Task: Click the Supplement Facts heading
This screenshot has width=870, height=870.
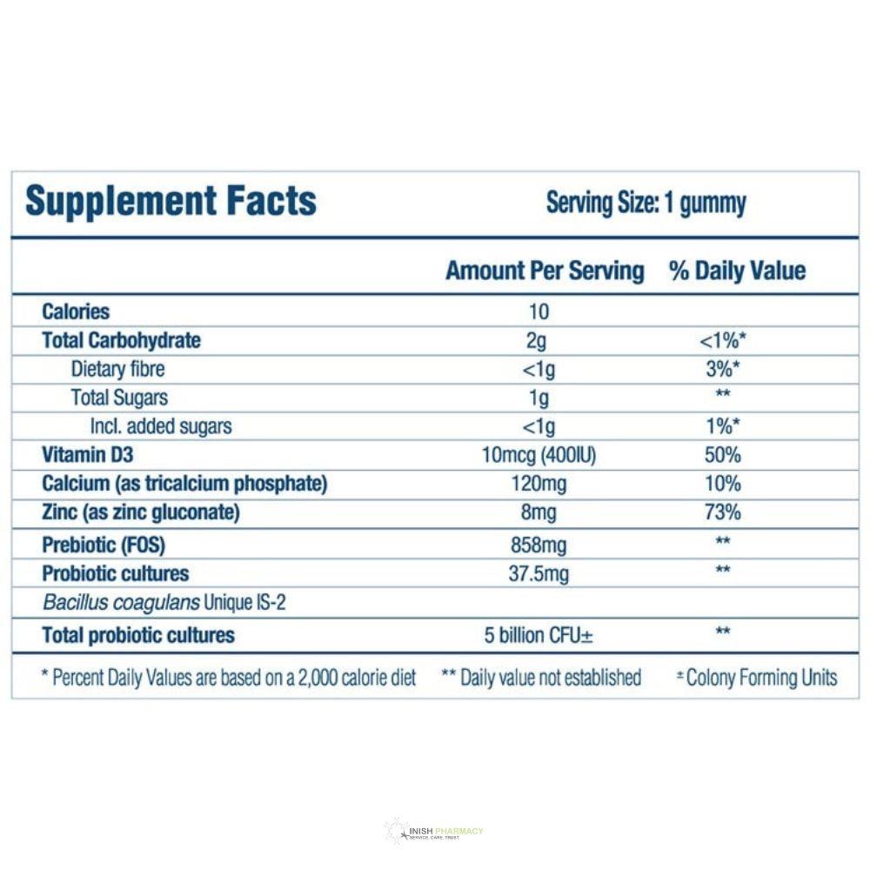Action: pos(171,201)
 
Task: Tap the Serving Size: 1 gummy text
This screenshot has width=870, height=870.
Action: pos(646,204)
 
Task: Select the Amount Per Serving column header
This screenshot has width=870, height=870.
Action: pos(545,271)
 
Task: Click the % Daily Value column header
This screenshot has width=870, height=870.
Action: pos(737,271)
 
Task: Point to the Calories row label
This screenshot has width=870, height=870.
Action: pos(76,311)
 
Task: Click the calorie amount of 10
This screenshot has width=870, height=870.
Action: pos(539,311)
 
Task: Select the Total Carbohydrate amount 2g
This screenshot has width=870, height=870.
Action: pos(538,340)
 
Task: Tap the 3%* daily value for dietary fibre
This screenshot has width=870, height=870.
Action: pos(723,369)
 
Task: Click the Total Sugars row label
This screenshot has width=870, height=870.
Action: pos(119,398)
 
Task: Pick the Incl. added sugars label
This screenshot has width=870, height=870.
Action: pos(161,426)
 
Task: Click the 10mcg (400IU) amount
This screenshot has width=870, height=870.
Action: pos(539,455)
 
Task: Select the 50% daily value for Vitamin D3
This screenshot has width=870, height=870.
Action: pos(723,455)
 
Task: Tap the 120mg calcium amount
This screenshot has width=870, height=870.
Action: pos(539,484)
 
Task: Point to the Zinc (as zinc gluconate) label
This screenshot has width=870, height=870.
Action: pos(140,512)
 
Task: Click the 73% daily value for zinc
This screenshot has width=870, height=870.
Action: pos(723,512)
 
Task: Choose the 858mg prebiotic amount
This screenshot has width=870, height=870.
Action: pos(539,545)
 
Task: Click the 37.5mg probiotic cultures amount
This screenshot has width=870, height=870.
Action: pos(539,574)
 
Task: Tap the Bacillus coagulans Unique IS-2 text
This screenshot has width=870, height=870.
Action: pos(164,603)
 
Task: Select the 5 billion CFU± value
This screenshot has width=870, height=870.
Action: pos(539,635)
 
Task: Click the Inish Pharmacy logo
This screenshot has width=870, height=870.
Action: pos(434,832)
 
